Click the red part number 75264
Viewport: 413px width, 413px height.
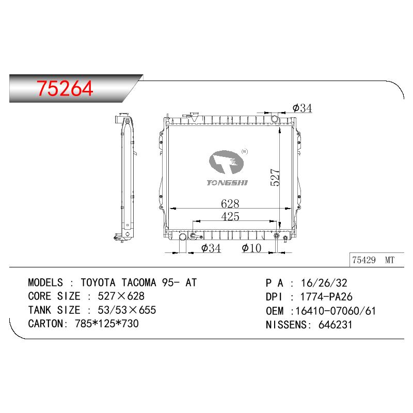click(x=65, y=88)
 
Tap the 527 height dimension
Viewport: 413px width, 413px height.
click(x=275, y=178)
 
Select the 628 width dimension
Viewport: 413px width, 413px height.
click(x=230, y=203)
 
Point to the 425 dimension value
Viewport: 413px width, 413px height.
click(x=230, y=216)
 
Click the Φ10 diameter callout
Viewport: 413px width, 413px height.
click(x=251, y=248)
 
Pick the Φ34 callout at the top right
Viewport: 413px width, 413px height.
click(x=302, y=108)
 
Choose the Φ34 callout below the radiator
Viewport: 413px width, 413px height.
click(x=211, y=248)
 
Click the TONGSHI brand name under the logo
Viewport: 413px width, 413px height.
click(x=227, y=183)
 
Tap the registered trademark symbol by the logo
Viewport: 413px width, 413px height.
click(x=244, y=151)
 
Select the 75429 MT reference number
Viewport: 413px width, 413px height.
click(x=373, y=260)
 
